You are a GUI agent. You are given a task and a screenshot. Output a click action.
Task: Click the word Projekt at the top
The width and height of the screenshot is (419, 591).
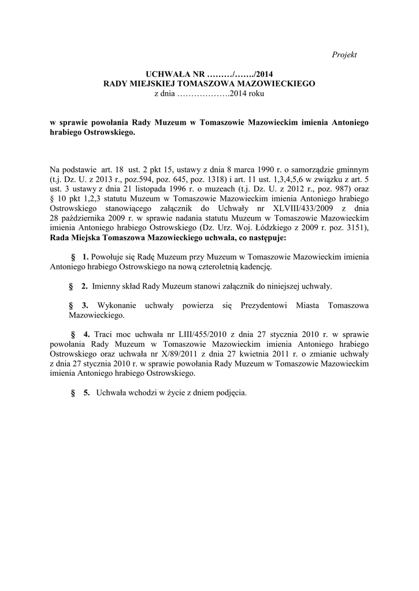[344, 54]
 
